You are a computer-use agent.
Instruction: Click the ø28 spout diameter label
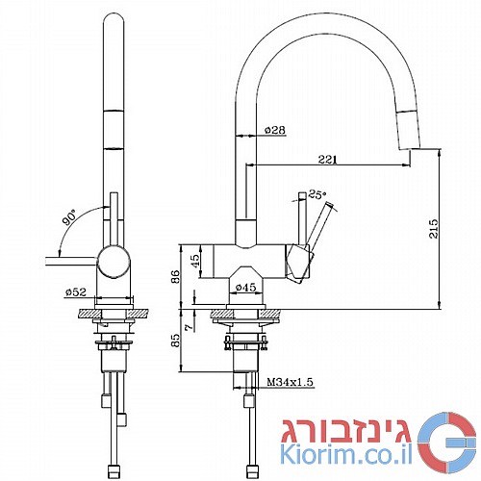tap(275, 130)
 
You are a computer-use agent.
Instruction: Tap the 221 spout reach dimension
tap(327, 160)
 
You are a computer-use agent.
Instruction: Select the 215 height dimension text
tap(433, 229)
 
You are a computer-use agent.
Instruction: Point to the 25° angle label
tap(316, 194)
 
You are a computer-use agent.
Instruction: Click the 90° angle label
tap(70, 217)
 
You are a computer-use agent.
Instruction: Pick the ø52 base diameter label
tap(76, 292)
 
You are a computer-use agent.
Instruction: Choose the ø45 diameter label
tap(245, 288)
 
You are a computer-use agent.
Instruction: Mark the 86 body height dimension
tap(175, 277)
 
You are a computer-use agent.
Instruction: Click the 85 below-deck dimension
tap(175, 340)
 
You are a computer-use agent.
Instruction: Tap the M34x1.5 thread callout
tap(290, 382)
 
